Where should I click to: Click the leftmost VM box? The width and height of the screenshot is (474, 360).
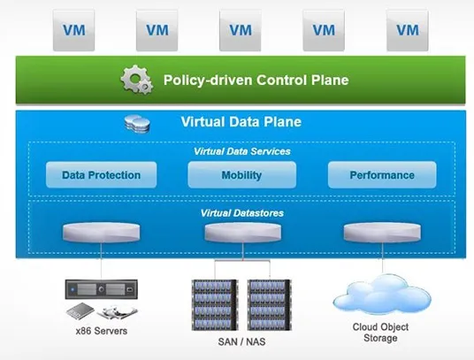73,30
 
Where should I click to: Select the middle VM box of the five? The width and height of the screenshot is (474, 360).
241,30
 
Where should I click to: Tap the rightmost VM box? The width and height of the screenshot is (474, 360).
407,30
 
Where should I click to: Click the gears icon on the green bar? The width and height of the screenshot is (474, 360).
137,80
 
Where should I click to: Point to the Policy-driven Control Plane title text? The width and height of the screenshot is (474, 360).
256,80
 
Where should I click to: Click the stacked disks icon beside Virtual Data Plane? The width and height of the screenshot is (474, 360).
137,124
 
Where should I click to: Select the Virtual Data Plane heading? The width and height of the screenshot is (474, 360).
241,121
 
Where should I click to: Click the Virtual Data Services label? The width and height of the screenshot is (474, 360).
241,151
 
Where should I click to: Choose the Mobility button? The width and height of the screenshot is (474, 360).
241,175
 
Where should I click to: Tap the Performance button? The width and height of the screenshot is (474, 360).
382,175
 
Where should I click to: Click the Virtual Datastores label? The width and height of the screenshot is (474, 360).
241,213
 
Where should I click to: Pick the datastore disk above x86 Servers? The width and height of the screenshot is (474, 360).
102,233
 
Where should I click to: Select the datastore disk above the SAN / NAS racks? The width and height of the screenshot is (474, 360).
242,233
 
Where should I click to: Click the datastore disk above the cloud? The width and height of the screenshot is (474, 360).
382,233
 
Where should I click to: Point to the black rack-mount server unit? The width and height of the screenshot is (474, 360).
102,289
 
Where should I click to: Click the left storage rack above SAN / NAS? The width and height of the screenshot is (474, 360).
215,304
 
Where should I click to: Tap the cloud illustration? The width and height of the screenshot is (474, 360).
382,295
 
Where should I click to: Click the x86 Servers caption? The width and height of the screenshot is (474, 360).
102,331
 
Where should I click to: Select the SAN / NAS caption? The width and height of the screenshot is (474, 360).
241,341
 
